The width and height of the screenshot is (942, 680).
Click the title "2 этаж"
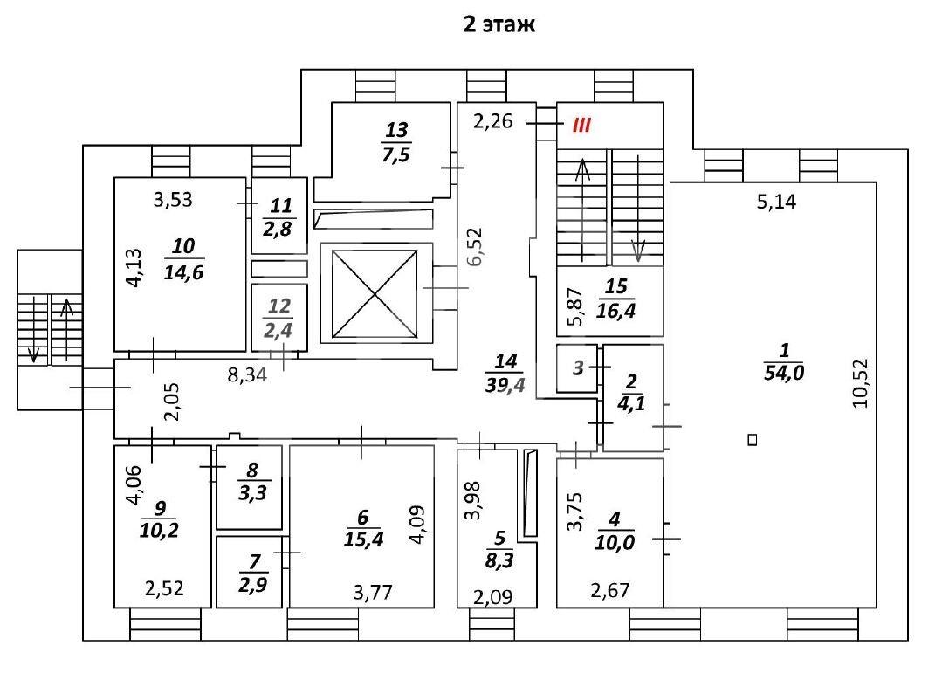(x=499, y=24)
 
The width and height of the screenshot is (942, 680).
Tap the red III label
(x=581, y=125)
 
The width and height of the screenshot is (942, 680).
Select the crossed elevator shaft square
(x=375, y=294)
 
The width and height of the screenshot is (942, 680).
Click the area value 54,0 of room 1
(x=784, y=373)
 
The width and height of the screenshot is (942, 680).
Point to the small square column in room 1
(x=753, y=440)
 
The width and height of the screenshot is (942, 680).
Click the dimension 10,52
(x=861, y=383)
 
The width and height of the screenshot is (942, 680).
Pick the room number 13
(x=396, y=130)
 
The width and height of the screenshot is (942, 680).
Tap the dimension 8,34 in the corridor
(x=247, y=375)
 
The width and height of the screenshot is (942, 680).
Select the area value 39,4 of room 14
(x=505, y=385)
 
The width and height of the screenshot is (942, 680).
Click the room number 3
(x=579, y=367)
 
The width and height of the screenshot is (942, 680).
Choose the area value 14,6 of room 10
(x=184, y=272)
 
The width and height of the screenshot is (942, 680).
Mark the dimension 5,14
(x=777, y=202)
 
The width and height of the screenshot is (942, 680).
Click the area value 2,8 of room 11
(x=278, y=229)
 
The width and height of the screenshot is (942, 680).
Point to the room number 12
(x=279, y=306)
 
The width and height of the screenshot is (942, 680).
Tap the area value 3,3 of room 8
(x=253, y=493)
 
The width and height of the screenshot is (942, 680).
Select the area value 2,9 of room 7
(x=253, y=585)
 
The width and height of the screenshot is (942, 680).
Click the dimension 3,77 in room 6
(x=373, y=593)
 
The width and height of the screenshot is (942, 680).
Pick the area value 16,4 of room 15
(x=616, y=311)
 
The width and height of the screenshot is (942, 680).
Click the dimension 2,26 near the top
(x=493, y=121)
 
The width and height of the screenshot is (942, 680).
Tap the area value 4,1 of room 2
(x=631, y=403)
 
